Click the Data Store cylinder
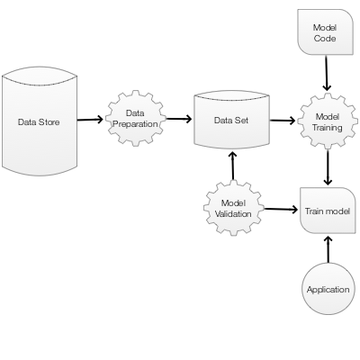coord(40,121)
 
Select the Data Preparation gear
coord(135,118)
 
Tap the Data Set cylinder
coord(232,120)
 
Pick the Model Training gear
coord(328,121)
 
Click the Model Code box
coord(325,32)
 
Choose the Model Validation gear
coord(233,208)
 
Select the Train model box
coord(328,211)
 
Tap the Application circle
coord(328,289)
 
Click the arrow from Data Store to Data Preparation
coord(90,120)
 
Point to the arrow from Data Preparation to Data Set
coord(179,119)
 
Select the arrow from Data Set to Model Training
coord(283,121)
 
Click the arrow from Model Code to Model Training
coord(327,73)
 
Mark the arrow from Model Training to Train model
coord(328,167)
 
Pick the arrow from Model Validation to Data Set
coord(233,166)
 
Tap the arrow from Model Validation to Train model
coord(281,209)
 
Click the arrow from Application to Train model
coord(328,249)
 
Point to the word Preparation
coord(135,124)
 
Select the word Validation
coord(233,214)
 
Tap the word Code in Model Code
coord(325,39)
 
